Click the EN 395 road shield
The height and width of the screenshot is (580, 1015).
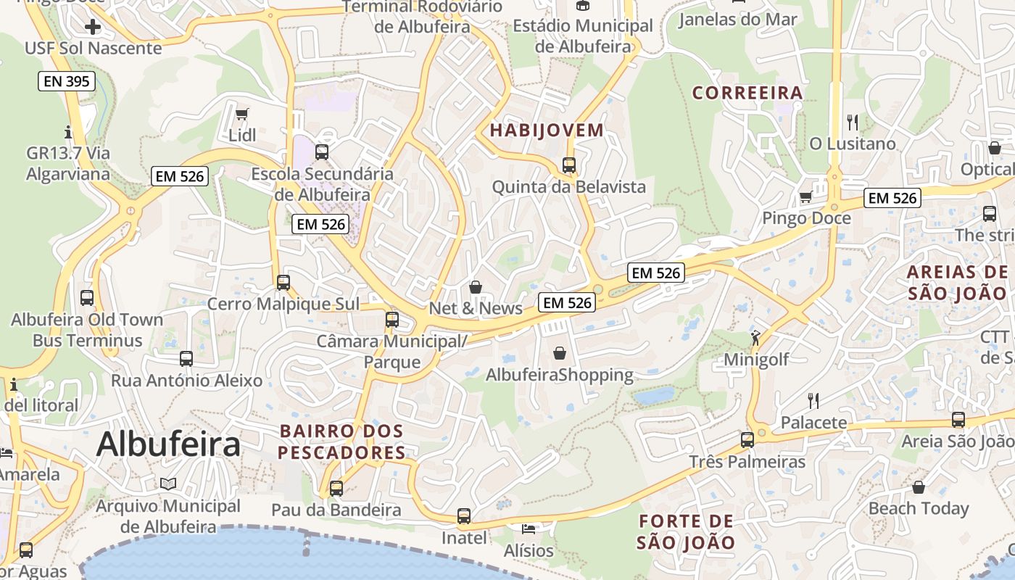tap(67, 81)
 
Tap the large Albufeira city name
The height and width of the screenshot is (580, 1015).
tap(167, 444)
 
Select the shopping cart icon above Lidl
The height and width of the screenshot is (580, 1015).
tap(242, 114)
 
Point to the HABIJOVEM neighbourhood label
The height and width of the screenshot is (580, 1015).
tap(547, 130)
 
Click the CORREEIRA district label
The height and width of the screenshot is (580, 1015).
tap(747, 93)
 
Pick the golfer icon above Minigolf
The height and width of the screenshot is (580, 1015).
tap(756, 337)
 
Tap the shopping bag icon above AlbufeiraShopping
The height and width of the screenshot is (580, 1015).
tap(560, 353)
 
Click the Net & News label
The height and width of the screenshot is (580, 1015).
tap(476, 308)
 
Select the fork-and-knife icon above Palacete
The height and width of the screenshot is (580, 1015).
tap(813, 400)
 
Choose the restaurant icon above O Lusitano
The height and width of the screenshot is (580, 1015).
tap(853, 122)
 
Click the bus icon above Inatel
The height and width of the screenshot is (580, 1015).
tap(464, 516)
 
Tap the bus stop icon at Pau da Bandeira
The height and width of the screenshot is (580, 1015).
tap(336, 488)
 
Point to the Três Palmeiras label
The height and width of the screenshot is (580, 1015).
tap(747, 462)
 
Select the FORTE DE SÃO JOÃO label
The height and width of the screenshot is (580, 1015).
tap(686, 531)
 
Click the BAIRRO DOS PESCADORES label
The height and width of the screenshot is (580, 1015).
tap(342, 442)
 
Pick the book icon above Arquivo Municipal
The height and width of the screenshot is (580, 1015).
tap(168, 484)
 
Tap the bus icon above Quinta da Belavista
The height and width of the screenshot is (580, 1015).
tap(569, 165)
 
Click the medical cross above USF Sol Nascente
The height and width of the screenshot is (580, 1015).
tap(93, 28)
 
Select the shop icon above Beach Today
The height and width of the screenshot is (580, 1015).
tap(919, 486)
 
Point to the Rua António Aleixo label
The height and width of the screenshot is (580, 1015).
tap(186, 381)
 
